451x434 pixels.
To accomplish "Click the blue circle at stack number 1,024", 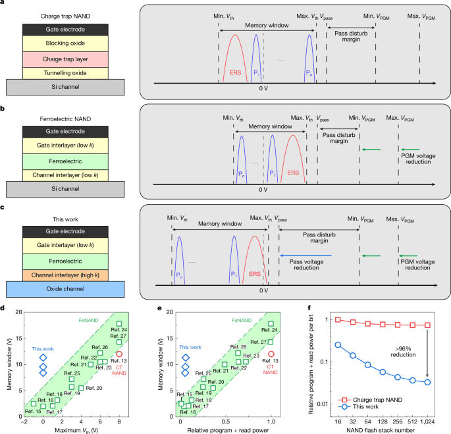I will pos(427,382).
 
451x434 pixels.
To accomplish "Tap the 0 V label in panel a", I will pos(263,89).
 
